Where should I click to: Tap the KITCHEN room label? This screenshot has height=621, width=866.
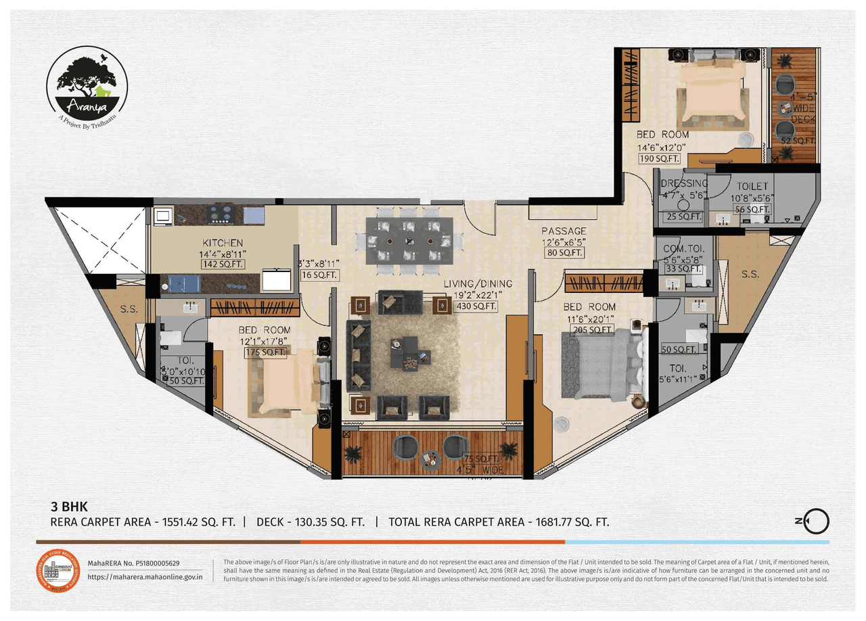[x=223, y=243]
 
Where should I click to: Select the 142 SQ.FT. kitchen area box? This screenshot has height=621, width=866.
[x=223, y=264]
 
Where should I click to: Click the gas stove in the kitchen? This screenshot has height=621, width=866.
[x=220, y=214]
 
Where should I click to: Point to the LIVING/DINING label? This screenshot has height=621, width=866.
[x=478, y=283]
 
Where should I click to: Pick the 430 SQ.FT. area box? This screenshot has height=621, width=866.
[x=477, y=306]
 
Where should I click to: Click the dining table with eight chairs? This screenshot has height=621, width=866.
[x=408, y=241]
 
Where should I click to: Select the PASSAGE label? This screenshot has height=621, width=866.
[x=564, y=231]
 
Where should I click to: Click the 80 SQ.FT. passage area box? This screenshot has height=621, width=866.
[x=564, y=252]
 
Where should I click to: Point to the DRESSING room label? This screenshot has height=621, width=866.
[x=684, y=183]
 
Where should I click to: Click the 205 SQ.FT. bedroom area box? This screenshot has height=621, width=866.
[x=593, y=329]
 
